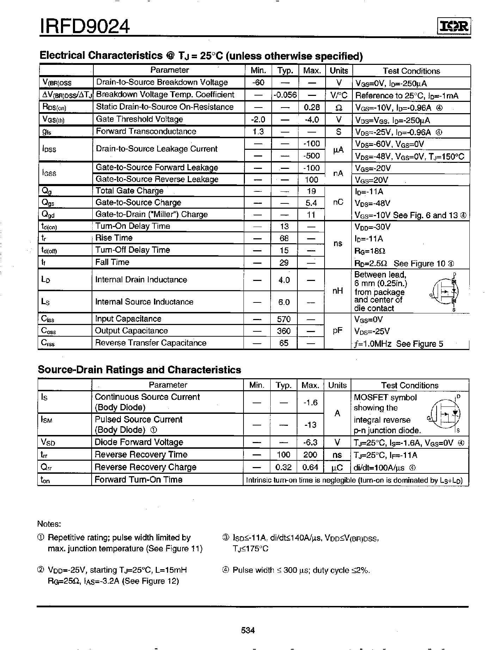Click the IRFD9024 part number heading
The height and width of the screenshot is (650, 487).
click(85, 26)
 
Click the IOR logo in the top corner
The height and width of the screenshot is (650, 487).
click(454, 27)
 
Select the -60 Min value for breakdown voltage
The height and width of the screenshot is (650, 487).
click(258, 82)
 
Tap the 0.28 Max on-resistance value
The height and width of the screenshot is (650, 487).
click(312, 107)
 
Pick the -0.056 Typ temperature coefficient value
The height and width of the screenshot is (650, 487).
click(285, 95)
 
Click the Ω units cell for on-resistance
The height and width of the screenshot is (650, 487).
click(338, 108)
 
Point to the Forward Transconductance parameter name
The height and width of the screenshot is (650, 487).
click(146, 131)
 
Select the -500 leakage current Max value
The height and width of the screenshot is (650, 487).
click(312, 156)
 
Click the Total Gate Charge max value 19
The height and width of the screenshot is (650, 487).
click(312, 191)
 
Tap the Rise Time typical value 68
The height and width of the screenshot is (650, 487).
click(284, 238)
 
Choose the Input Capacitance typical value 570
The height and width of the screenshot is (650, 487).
click(284, 319)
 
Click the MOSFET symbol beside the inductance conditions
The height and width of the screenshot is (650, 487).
click(446, 291)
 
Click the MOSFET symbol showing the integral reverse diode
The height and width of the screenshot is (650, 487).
click(446, 413)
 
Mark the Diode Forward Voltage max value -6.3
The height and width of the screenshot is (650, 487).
click(310, 442)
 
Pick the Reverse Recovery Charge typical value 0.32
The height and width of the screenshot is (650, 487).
click(283, 467)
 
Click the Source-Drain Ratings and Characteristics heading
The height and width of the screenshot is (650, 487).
click(139, 370)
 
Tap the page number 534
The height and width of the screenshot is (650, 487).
click(248, 630)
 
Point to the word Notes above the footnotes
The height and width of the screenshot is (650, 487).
click(49, 524)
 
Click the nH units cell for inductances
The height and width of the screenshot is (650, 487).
click(338, 291)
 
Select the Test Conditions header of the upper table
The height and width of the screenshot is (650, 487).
click(411, 71)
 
